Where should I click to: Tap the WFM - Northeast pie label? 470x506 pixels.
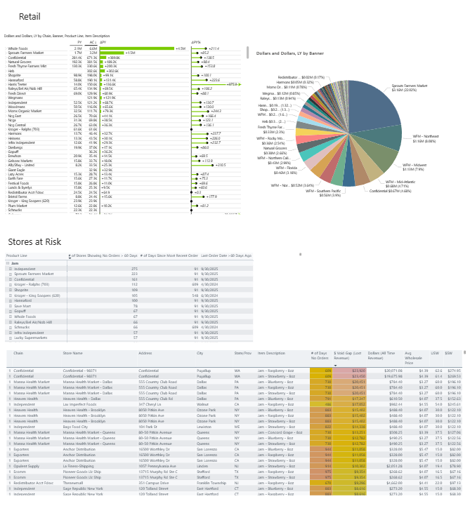point(422,140)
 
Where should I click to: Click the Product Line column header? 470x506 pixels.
point(17,256)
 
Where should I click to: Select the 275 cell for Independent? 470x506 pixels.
point(135,269)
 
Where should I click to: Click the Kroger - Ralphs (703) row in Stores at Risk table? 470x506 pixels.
point(31,283)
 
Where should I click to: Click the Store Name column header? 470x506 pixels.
point(73,354)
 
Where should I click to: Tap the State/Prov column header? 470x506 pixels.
point(243,354)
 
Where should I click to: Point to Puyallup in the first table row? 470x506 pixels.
point(204,370)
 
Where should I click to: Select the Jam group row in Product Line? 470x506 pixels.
point(13,263)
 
